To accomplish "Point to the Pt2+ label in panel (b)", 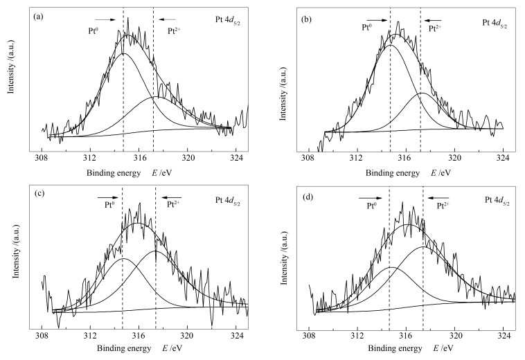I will (434, 28).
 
